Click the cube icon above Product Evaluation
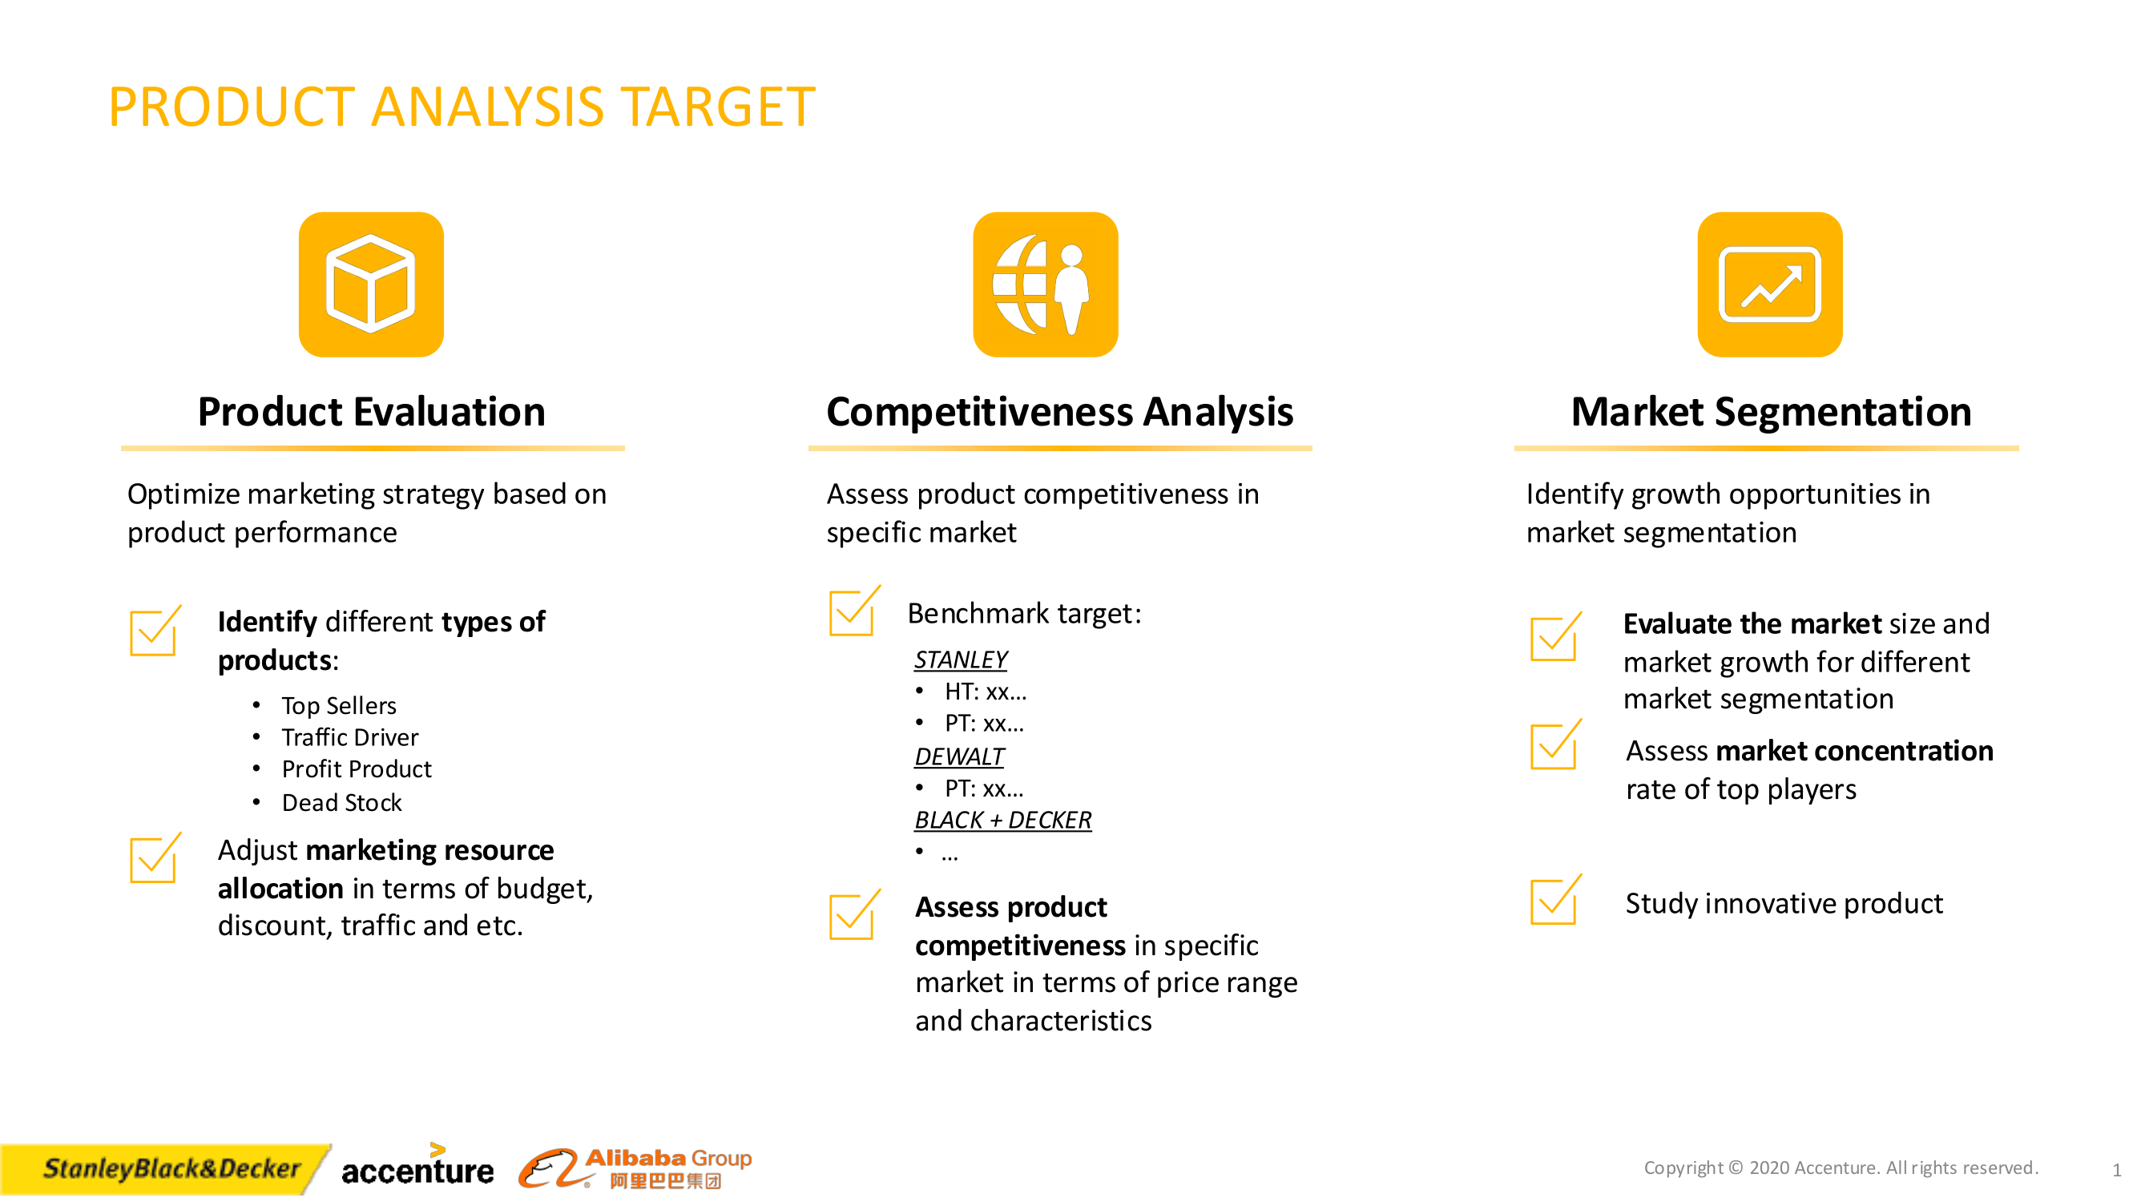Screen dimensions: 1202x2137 [371, 284]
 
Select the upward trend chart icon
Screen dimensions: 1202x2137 [1768, 284]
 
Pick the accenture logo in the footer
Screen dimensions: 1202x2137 [417, 1168]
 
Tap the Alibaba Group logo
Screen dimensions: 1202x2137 [636, 1168]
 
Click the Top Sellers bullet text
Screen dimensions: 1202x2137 [338, 705]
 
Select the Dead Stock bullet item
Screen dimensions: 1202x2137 [341, 802]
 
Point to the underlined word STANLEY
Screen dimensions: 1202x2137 [960, 659]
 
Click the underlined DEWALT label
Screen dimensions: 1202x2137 [958, 756]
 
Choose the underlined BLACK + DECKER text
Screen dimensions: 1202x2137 [1002, 820]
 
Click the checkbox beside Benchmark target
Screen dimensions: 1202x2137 [852, 612]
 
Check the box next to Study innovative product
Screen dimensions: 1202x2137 [1553, 901]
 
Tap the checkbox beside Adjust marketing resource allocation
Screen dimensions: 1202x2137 [154, 859]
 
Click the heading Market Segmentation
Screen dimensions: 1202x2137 [1770, 411]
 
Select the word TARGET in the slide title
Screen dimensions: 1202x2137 [719, 107]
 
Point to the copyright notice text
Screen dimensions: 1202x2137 [1839, 1168]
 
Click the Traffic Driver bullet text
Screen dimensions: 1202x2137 [349, 736]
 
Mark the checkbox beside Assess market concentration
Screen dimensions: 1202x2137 [1553, 746]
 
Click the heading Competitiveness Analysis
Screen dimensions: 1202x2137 [1059, 411]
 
